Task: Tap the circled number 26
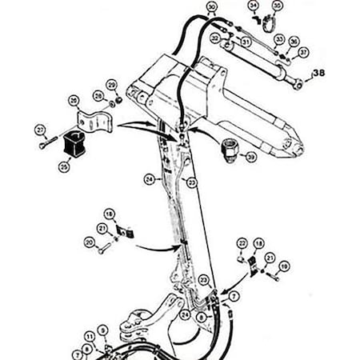[x=74, y=100]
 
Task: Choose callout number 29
[x=111, y=85]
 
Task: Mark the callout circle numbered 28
[x=97, y=95]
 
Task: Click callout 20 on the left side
[x=88, y=240]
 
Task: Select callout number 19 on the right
[x=284, y=265]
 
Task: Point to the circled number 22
[x=242, y=242]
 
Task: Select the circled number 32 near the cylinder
[x=215, y=37]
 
